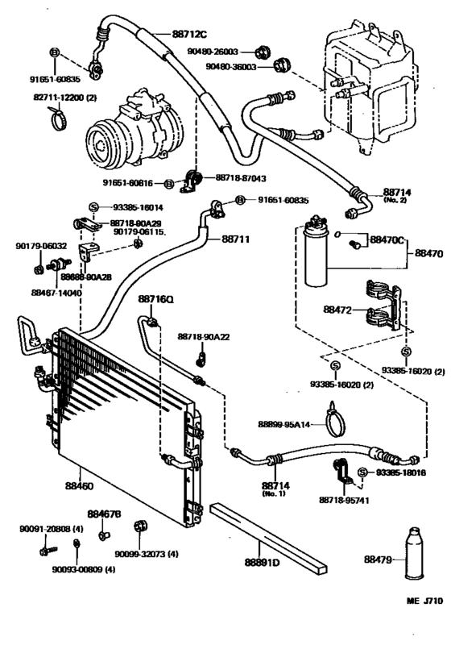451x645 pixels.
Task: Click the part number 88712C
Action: pyautogui.click(x=189, y=34)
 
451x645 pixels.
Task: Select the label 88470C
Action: pyautogui.click(x=387, y=240)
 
